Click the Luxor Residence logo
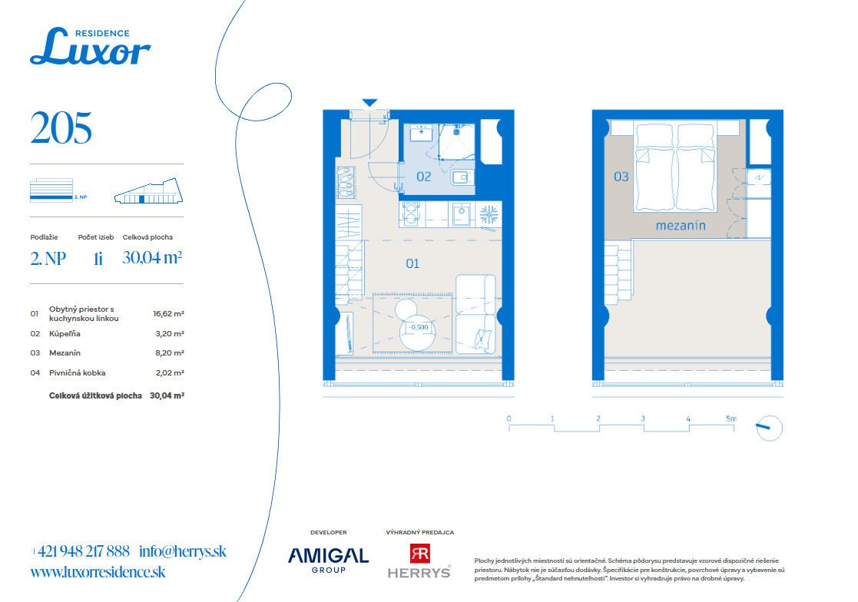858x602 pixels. (91, 46)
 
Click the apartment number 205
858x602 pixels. (61, 128)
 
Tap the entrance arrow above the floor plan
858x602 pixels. (370, 103)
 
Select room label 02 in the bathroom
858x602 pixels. (423, 177)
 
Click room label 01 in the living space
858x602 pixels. (412, 263)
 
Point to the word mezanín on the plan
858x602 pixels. (681, 225)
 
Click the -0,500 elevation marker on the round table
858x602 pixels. (419, 327)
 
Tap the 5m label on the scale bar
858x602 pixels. (731, 418)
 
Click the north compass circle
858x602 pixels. (770, 428)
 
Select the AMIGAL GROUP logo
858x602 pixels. (328, 560)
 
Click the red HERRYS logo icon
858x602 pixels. (420, 554)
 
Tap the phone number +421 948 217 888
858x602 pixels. (81, 551)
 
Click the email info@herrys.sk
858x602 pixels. (183, 551)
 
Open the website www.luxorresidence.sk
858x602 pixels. (98, 572)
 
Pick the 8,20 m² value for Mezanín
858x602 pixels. (170, 353)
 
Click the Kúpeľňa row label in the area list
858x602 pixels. (65, 333)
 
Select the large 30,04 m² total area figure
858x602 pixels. (152, 257)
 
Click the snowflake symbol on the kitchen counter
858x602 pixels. (489, 214)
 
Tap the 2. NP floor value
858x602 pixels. (48, 258)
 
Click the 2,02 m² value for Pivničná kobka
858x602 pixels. (170, 373)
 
